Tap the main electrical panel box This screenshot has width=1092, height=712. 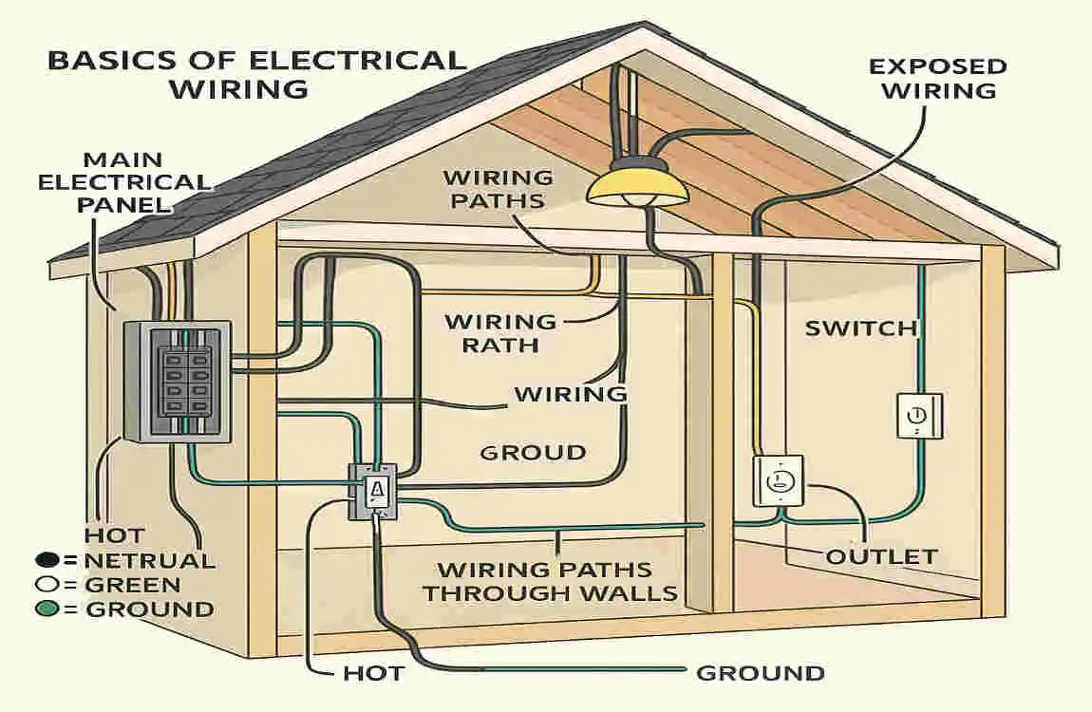tap(178, 381)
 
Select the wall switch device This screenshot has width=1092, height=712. tap(919, 415)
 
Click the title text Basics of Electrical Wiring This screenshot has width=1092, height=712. tap(255, 74)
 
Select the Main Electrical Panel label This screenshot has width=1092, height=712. tap(123, 181)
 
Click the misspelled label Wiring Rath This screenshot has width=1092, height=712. tap(500, 333)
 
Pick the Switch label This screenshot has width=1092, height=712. tap(861, 328)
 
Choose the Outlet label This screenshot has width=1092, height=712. tap(881, 556)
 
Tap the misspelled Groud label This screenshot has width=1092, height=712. tap(533, 452)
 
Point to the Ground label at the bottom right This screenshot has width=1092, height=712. tap(760, 673)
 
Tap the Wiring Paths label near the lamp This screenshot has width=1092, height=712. tap(498, 189)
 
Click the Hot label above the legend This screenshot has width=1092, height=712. tap(114, 535)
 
